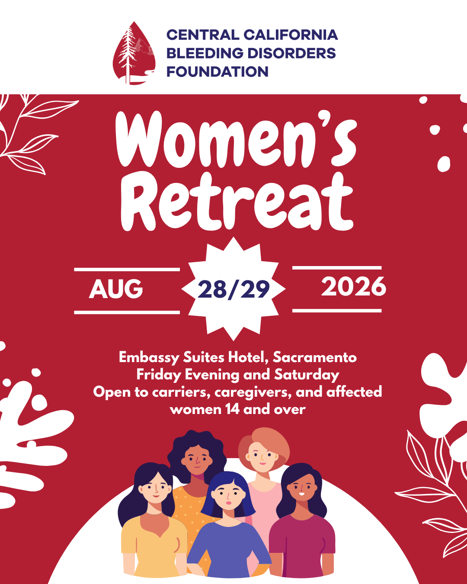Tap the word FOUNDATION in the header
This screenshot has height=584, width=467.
pos(218,72)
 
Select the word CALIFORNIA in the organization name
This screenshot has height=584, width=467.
pos(291,35)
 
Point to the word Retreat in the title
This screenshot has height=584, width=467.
pos(237,201)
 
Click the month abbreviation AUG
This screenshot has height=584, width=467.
pos(116,289)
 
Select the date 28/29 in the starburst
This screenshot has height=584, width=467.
pos(233,290)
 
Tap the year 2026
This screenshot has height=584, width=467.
pos(354,286)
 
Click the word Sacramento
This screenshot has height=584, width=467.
pos(315,357)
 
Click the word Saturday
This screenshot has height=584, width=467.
pos(307,375)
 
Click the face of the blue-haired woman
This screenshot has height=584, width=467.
pos(228,496)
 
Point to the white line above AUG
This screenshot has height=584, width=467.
pos(127,270)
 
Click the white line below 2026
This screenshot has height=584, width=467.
pos(337,311)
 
